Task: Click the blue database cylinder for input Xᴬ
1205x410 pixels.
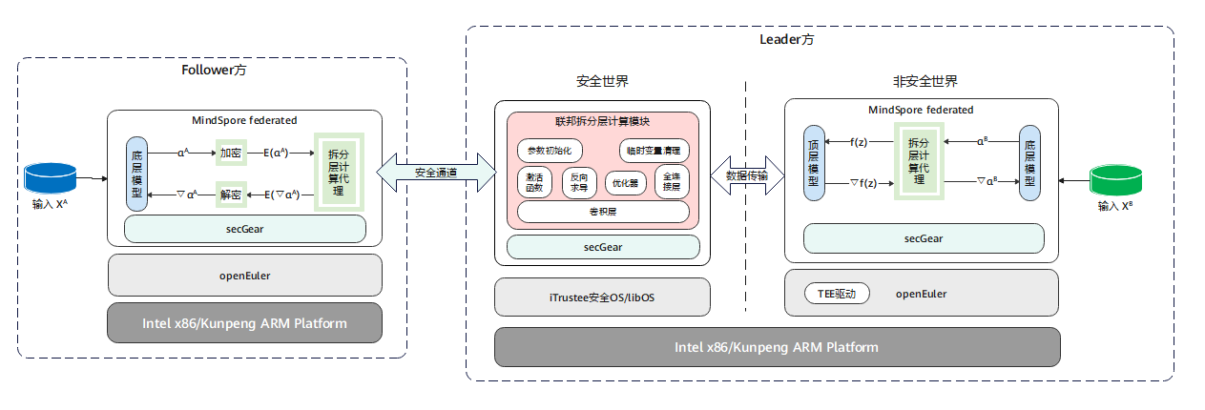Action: pyautogui.click(x=52, y=177)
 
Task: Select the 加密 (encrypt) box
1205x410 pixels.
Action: pyautogui.click(x=231, y=152)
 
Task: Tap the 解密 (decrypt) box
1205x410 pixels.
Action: pyautogui.click(x=231, y=194)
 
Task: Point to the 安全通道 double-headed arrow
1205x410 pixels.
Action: pyautogui.click(x=436, y=173)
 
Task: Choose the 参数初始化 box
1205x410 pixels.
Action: pyautogui.click(x=546, y=151)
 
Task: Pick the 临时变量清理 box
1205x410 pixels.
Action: pyautogui.click(x=654, y=151)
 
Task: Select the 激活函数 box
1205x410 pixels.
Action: pyautogui.click(x=534, y=181)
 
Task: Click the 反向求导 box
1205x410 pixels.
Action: pyautogui.click(x=579, y=181)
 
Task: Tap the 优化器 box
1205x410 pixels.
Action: pyautogui.click(x=625, y=181)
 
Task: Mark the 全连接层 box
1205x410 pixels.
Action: pyautogui.click(x=672, y=181)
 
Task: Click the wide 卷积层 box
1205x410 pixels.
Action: pyautogui.click(x=603, y=212)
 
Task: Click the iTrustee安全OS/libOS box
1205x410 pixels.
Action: pyautogui.click(x=602, y=297)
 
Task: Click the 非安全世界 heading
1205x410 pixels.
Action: pyautogui.click(x=925, y=82)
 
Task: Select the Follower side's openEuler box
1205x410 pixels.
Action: pyautogui.click(x=245, y=276)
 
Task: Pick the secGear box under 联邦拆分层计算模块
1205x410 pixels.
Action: pyautogui.click(x=603, y=247)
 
